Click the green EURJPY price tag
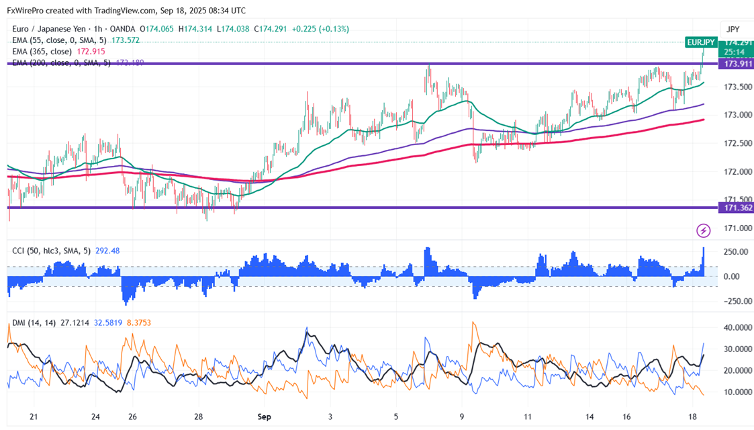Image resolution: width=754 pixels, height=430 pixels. tap(700, 42)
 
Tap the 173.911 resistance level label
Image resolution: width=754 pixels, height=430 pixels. tap(735, 64)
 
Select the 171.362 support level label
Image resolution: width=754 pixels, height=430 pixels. tap(737, 208)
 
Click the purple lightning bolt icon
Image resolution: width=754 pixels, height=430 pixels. tap(703, 231)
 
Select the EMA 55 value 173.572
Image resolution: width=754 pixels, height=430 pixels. tap(126, 40)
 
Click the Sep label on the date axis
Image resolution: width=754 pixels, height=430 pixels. tap(263, 417)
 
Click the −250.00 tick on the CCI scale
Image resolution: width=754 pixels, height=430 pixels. tap(735, 301)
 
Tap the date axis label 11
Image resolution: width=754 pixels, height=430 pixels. tap(528, 417)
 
